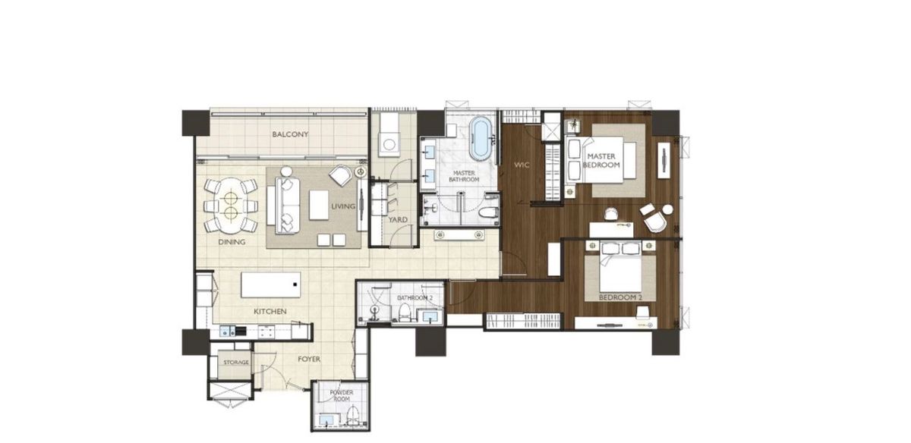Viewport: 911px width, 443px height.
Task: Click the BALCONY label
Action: click(290, 134)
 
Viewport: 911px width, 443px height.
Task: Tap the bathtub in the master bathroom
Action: click(480, 139)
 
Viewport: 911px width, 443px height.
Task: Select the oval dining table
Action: click(231, 206)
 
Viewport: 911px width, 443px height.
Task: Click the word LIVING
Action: click(343, 206)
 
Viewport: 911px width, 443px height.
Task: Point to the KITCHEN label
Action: click(270, 312)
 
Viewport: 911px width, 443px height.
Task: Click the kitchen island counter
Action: click(271, 285)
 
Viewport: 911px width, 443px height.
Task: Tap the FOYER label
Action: click(309, 360)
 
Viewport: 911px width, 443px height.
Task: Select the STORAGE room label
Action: click(236, 362)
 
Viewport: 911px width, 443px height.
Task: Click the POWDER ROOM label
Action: click(342, 395)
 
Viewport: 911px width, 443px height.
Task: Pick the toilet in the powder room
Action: click(352, 416)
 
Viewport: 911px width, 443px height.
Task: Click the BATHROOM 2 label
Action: click(415, 298)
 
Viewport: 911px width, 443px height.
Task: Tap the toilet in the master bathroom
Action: click(488, 212)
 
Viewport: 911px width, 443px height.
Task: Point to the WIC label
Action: click(522, 165)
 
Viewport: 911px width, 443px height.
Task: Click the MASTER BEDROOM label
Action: click(601, 161)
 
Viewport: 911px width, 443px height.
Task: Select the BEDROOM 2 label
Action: click(620, 297)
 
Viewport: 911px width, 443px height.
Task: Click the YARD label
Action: click(398, 220)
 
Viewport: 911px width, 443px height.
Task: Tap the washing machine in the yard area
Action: click(389, 145)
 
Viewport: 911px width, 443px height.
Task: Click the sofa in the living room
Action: click(287, 206)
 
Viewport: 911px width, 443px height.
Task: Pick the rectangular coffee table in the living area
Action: click(319, 206)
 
